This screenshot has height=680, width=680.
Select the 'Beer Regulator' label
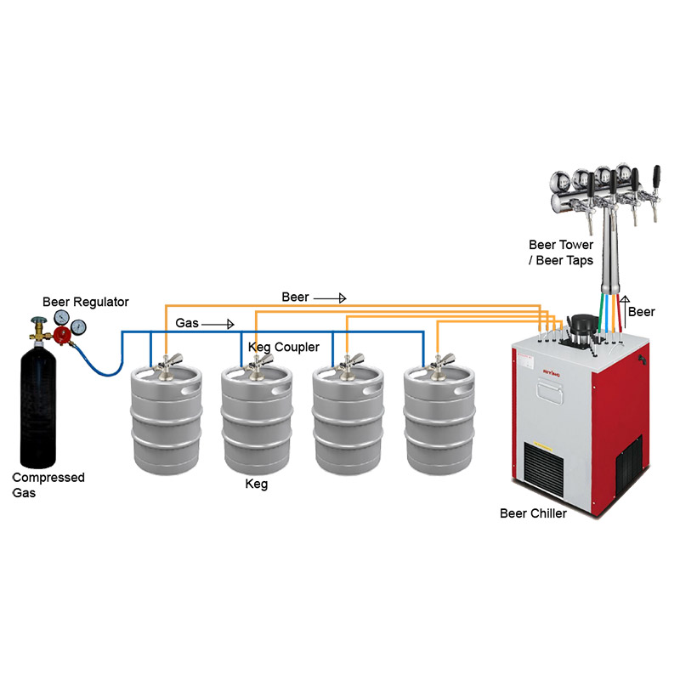point(86,302)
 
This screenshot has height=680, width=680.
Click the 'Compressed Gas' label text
point(48,484)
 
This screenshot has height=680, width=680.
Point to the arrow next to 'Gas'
point(219,324)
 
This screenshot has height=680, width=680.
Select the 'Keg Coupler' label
point(283,348)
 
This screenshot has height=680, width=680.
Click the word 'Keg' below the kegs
point(256,484)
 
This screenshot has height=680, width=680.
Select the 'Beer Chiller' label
point(533,513)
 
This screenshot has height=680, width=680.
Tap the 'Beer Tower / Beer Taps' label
point(560,252)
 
